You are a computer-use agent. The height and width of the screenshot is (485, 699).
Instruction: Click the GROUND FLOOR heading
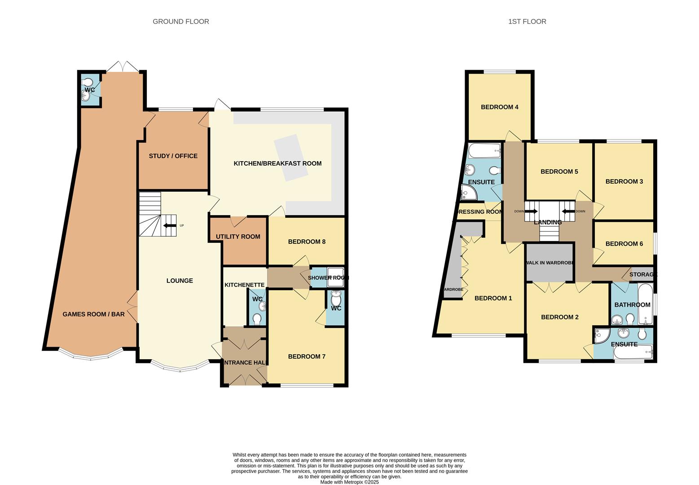(180, 22)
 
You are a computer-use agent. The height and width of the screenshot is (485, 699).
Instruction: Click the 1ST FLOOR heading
(527, 22)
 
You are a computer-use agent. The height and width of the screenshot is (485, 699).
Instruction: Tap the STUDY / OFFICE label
(173, 156)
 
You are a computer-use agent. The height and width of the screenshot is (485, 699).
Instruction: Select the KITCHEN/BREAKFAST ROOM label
(277, 163)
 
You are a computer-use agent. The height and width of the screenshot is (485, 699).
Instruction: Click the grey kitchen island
(291, 158)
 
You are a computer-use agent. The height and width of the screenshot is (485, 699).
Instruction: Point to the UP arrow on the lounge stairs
(170, 225)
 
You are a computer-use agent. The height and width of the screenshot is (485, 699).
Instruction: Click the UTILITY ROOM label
(238, 237)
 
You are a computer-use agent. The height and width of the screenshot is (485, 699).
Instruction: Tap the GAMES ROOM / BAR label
(93, 314)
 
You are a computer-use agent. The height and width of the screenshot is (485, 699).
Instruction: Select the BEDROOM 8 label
(307, 242)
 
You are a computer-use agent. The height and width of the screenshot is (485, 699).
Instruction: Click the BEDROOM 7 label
(307, 357)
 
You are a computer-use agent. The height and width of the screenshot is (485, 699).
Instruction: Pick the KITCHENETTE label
(244, 285)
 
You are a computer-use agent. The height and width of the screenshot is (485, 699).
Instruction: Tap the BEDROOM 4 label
(500, 107)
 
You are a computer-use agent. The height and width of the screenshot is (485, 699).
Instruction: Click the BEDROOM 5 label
(559, 172)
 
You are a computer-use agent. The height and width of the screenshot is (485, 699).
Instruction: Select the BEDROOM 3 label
(624, 181)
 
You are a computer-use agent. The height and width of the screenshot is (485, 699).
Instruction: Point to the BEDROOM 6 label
(624, 244)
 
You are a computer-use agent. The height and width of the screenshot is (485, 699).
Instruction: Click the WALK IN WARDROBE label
(550, 263)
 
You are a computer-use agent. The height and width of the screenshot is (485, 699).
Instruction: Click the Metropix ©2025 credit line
(349, 482)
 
